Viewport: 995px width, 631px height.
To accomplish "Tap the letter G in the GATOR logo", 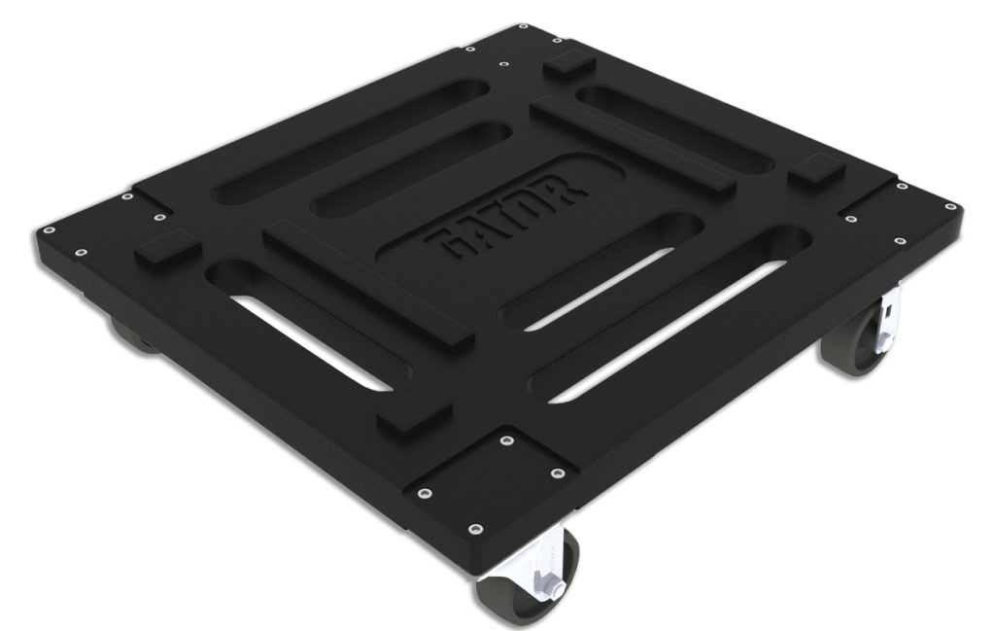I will pos(449,242).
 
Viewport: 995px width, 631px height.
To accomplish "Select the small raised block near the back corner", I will pos(570,69).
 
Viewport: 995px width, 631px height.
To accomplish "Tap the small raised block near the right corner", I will pos(813,172).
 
